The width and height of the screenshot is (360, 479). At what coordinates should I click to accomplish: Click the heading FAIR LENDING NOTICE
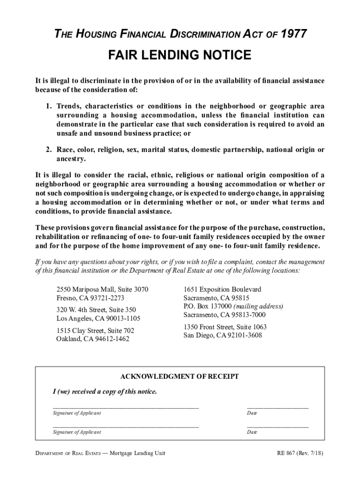180,56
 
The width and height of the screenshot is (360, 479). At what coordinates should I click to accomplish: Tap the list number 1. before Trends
49,106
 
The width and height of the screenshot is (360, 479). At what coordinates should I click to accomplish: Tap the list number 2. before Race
49,150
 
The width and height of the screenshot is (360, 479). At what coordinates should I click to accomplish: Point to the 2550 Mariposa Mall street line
102,290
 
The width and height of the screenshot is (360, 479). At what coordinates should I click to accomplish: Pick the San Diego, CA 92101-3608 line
223,335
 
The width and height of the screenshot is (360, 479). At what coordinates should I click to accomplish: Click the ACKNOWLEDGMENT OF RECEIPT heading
180,377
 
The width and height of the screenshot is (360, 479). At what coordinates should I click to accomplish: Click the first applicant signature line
126,407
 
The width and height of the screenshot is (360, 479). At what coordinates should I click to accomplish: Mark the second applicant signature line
126,427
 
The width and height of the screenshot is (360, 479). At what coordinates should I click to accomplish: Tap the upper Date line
278,407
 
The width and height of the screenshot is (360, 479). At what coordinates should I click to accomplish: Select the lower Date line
278,427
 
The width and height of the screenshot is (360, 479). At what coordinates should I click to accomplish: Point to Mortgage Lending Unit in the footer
137,453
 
